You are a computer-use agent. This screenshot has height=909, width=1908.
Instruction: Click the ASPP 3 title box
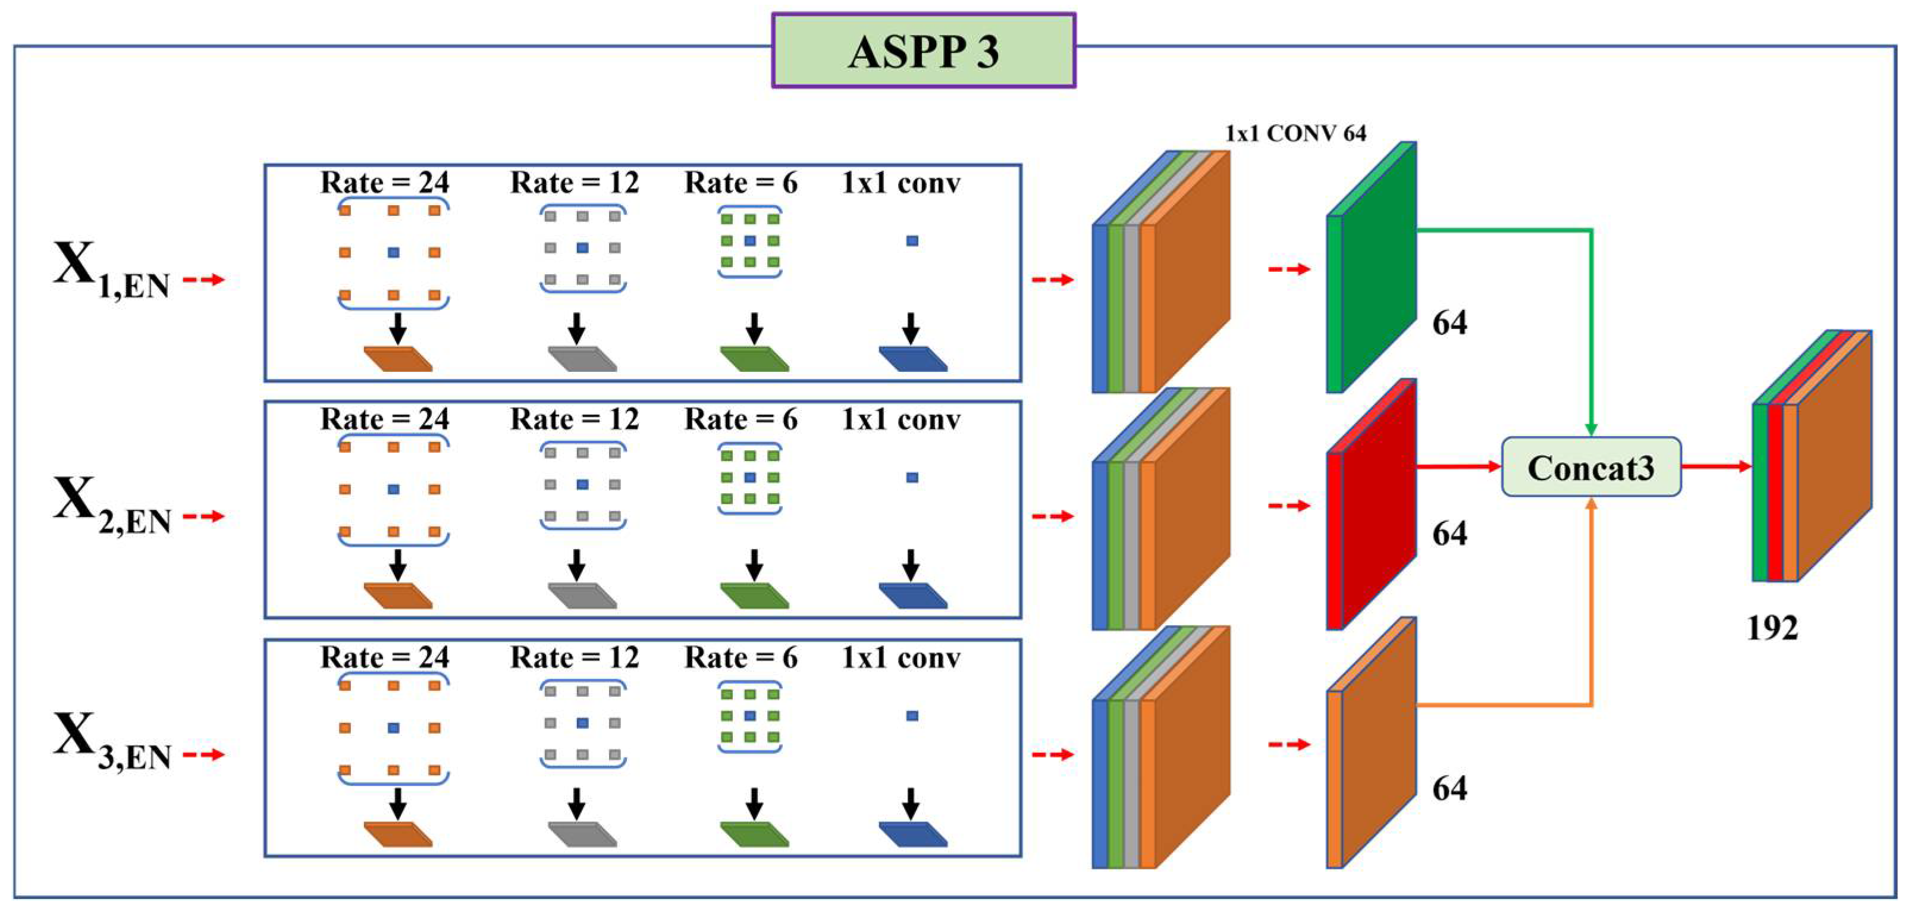tap(923, 51)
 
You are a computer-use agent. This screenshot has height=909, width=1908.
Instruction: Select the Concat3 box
tap(1590, 468)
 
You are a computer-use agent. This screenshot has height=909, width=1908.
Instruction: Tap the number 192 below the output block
tap(1772, 628)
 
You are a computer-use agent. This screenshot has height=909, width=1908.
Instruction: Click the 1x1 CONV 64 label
tap(1295, 133)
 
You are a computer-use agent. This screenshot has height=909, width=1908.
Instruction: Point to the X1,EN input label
tap(111, 271)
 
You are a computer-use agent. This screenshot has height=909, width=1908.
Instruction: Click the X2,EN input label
tap(111, 507)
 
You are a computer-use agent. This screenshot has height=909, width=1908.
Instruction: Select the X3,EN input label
tap(111, 743)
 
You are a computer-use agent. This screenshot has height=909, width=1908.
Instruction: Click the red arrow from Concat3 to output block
tap(1715, 467)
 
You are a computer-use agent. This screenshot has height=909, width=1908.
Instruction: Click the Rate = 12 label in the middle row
tap(574, 420)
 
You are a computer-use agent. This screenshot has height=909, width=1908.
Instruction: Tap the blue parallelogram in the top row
tap(912, 359)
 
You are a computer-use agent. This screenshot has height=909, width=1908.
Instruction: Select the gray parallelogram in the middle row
tap(582, 595)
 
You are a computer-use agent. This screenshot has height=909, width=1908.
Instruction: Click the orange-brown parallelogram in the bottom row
tap(398, 834)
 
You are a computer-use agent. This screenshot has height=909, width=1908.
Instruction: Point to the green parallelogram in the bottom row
tap(754, 834)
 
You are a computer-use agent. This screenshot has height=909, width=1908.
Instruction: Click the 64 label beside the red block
tap(1449, 534)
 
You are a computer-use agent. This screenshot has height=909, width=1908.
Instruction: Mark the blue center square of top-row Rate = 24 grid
tap(393, 253)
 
